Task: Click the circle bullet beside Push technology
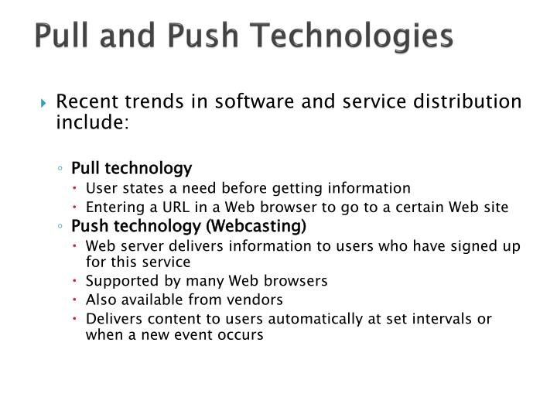click(x=61, y=227)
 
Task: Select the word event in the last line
click(x=201, y=335)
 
